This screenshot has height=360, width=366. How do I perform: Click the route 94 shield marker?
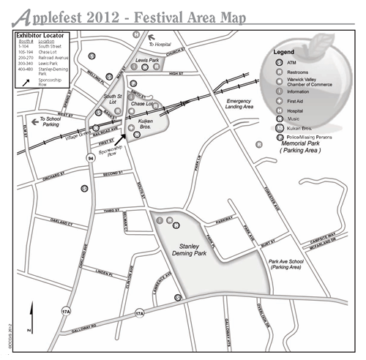[x=90, y=158]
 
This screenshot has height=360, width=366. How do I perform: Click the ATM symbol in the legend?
[x=280, y=63]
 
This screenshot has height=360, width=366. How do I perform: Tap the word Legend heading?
[x=283, y=53]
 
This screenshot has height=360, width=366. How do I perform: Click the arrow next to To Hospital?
[x=144, y=44]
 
